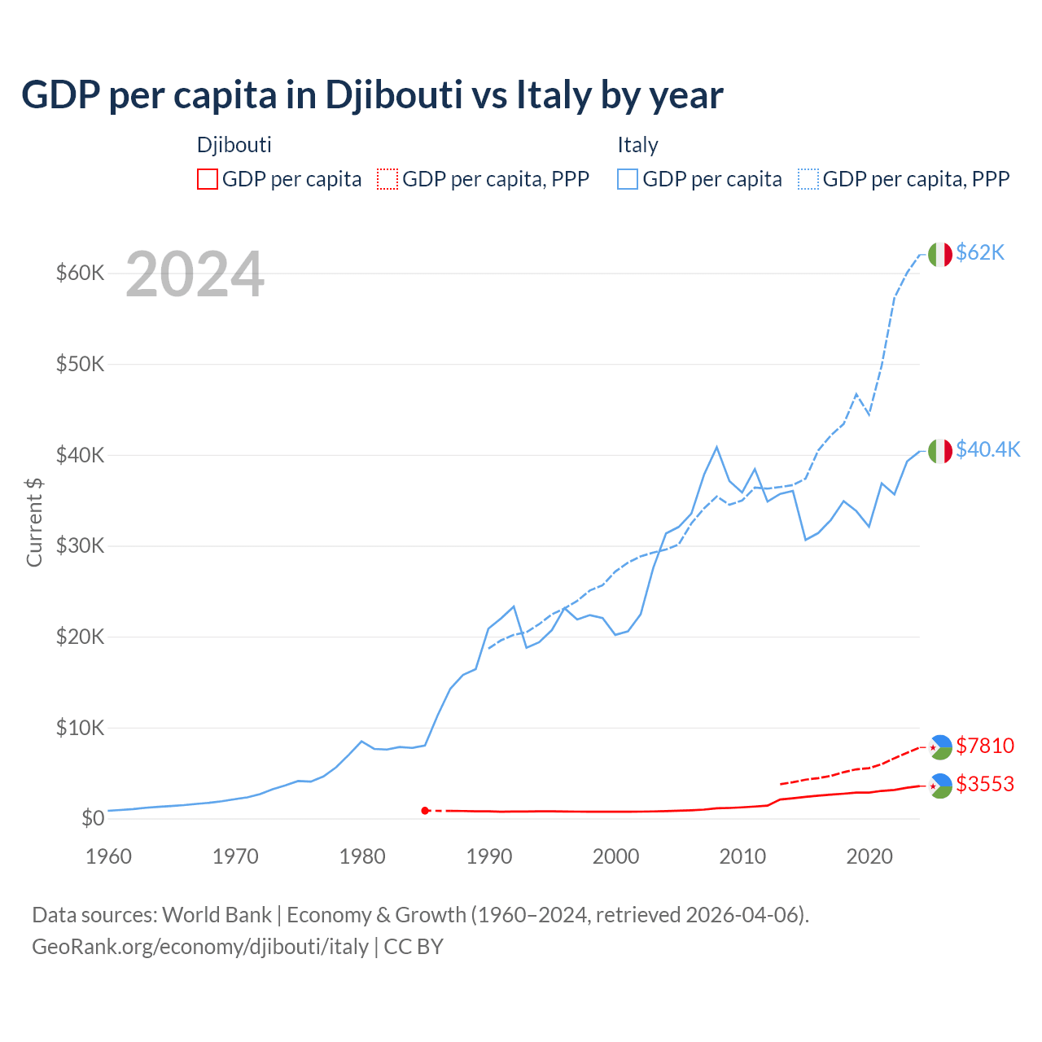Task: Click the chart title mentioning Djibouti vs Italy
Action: [372, 95]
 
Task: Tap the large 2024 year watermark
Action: [195, 275]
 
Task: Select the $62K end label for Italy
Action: [980, 253]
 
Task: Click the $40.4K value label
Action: [987, 450]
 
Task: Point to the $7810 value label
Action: [984, 746]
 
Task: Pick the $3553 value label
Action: [984, 785]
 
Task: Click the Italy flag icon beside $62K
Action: [940, 254]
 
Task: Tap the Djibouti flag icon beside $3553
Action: [940, 786]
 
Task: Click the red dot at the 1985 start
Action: [425, 811]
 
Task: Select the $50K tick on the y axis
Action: [80, 364]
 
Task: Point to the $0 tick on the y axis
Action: [93, 818]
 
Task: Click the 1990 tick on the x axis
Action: [489, 856]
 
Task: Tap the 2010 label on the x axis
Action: [742, 856]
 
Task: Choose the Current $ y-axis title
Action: [34, 522]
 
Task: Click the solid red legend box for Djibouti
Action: [208, 179]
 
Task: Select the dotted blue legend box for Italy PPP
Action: [808, 179]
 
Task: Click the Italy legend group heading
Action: [637, 145]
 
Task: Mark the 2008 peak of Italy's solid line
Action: [716, 447]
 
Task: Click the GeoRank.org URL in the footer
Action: [200, 947]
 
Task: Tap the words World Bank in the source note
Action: [217, 915]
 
